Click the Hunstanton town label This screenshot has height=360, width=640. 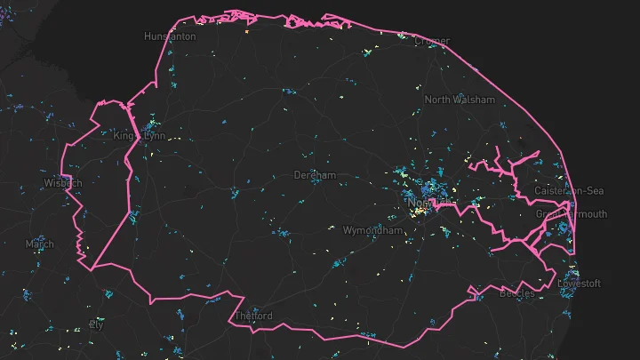[x=170, y=36]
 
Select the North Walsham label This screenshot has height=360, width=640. [x=460, y=100]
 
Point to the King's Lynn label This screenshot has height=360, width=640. [x=140, y=136]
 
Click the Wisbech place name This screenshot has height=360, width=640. [x=63, y=184]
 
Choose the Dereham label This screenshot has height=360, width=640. [x=316, y=176]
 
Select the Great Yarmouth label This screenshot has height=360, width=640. [x=571, y=214]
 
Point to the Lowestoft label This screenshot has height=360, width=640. [x=580, y=284]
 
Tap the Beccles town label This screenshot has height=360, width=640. [x=517, y=293]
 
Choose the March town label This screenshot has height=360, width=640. [x=39, y=244]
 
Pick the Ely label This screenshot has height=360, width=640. [x=97, y=325]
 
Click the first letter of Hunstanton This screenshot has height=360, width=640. [x=148, y=36]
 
